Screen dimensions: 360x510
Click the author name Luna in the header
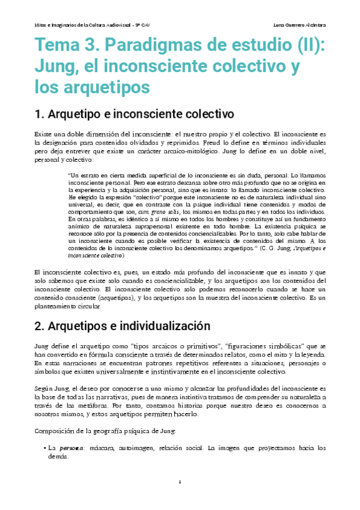279,25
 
